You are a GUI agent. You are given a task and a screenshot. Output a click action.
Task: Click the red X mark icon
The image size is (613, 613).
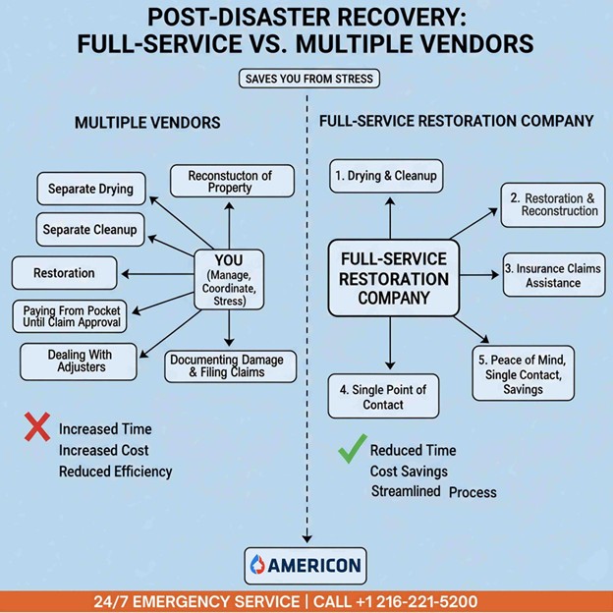[x=36, y=427]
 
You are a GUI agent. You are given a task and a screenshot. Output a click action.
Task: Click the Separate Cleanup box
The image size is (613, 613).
[x=89, y=230]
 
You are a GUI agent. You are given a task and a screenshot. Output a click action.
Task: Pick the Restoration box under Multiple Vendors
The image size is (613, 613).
[x=64, y=272]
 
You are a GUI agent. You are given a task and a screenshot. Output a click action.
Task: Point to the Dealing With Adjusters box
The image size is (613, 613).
[x=80, y=361]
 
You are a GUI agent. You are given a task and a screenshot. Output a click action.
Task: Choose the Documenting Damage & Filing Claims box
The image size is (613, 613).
[x=227, y=366]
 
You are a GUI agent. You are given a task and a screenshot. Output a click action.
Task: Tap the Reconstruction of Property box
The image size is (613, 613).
[x=230, y=182]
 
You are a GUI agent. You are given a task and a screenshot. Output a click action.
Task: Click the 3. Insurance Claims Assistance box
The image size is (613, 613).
[x=554, y=275]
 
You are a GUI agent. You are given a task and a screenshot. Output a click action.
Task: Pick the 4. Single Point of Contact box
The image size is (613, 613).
[x=383, y=397]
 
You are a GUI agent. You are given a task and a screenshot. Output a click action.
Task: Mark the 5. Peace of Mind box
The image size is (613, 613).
[x=523, y=373]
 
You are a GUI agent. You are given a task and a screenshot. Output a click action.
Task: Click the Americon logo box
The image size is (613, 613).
[x=305, y=566]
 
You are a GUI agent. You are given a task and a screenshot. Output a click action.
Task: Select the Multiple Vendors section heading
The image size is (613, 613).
[x=147, y=123]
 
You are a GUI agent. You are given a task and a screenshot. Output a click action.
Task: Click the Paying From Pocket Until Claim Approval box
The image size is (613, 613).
[x=72, y=316]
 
